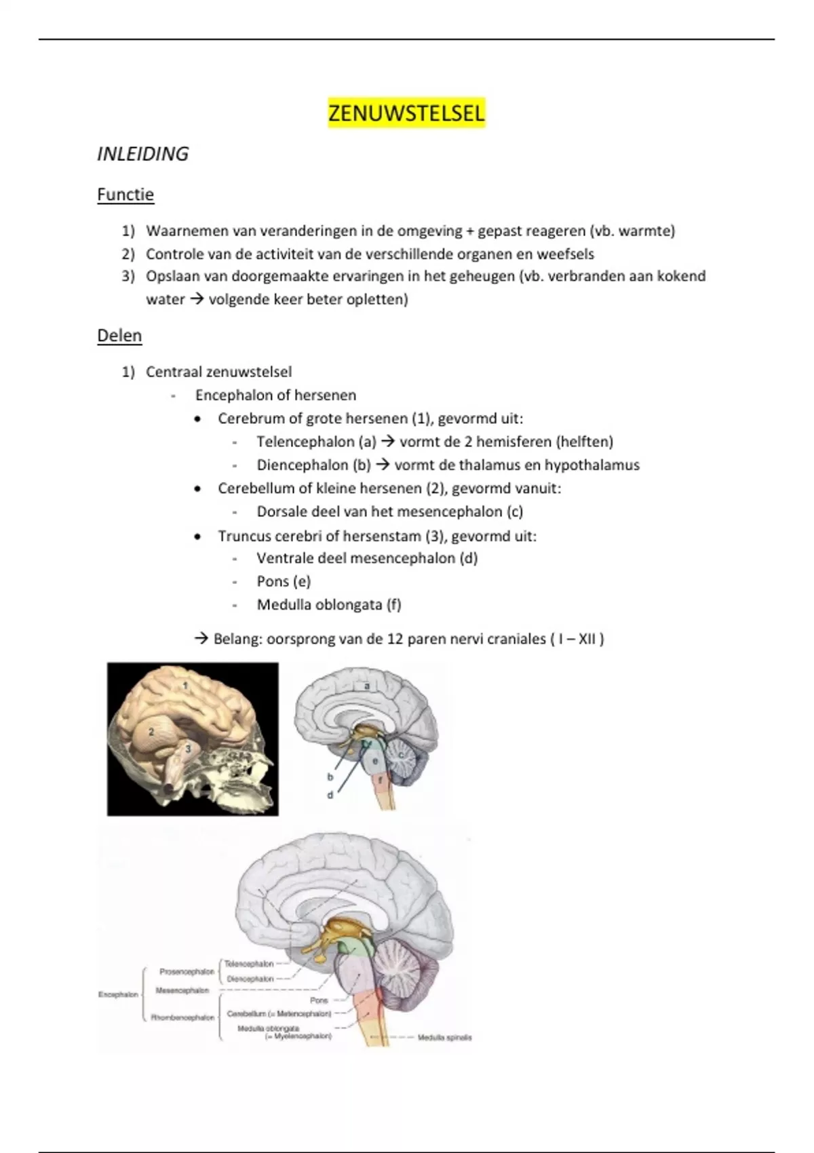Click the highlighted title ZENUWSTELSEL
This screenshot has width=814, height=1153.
click(x=406, y=113)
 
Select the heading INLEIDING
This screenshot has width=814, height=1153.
click(x=142, y=154)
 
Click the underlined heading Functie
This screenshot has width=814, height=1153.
click(x=125, y=195)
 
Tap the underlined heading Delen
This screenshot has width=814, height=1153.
click(x=119, y=336)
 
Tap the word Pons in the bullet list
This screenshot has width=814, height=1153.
click(x=273, y=581)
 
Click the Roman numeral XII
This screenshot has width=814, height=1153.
click(x=587, y=639)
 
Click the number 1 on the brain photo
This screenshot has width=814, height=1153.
click(x=185, y=686)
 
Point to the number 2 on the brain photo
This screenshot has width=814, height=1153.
click(x=151, y=732)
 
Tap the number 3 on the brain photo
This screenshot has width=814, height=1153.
click(x=188, y=749)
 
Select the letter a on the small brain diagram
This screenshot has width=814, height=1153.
click(x=367, y=686)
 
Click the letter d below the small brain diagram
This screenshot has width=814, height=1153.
click(x=330, y=795)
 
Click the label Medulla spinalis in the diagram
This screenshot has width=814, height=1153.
click(x=444, y=1038)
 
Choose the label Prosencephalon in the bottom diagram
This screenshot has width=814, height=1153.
click(x=187, y=972)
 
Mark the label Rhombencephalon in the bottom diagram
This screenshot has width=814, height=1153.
click(x=182, y=1017)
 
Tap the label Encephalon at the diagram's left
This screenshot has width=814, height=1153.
click(x=118, y=994)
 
